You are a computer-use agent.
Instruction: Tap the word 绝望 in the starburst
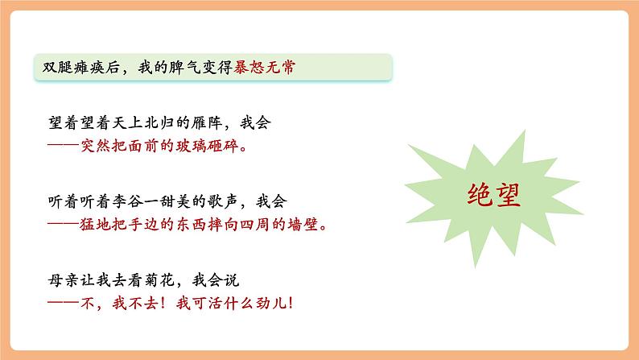[493, 196]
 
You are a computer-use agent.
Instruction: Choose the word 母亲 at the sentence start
[63, 280]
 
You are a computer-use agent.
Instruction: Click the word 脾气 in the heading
[172, 68]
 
